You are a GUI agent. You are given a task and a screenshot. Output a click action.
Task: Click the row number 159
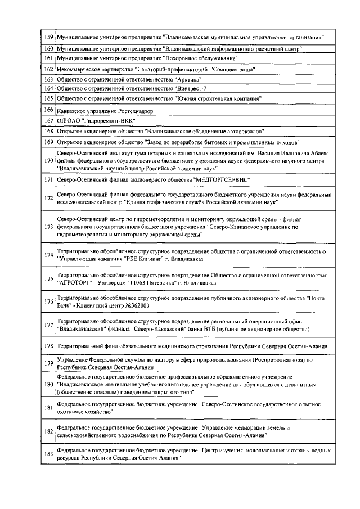(48, 37)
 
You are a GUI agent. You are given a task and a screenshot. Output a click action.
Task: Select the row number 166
(48, 110)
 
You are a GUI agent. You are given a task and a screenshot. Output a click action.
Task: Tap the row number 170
(48, 161)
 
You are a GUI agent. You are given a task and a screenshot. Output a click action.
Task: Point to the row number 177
(48, 325)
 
